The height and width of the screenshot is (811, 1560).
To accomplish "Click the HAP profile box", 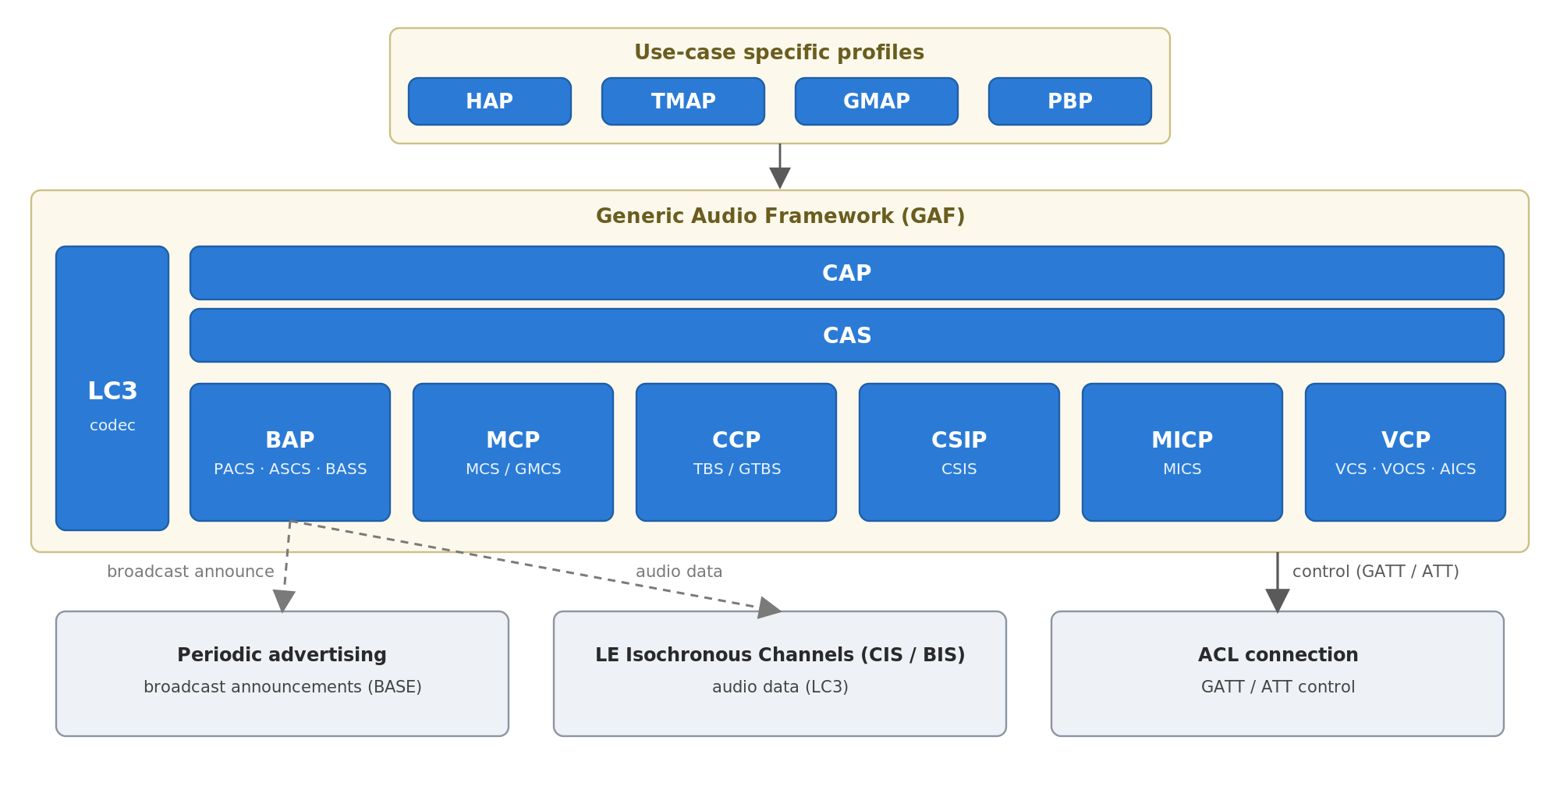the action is pos(490,101).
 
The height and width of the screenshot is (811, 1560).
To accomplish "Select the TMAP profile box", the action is pos(683,101).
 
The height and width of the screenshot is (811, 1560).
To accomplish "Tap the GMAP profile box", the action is pos(877,101).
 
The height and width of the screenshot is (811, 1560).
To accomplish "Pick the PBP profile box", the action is pos(1070,101).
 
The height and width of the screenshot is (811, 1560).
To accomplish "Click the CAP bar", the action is pos(847,273).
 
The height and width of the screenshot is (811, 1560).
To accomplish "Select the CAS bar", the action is pos(847,335).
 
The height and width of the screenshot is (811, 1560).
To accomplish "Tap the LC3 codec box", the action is pos(112,388).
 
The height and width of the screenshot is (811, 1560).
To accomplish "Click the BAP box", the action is pos(290,452).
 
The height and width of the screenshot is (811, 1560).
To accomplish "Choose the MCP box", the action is pos(513,452).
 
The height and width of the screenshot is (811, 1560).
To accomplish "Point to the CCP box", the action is pos(736,452).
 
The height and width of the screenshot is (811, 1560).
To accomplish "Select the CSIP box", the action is pos(959,452).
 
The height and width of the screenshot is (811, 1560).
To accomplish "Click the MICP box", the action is pos(1182,452).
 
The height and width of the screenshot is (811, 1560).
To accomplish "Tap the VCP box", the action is pos(1406,452).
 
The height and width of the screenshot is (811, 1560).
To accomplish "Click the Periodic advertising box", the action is pos(282,674).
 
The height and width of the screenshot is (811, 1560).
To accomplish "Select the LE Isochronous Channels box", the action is pos(780,674).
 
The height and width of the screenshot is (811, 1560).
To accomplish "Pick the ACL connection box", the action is pos(1278,674).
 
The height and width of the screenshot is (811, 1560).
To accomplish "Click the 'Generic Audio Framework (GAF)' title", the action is pos(780,216).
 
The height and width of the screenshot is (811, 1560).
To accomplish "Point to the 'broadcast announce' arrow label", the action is pos(190,572).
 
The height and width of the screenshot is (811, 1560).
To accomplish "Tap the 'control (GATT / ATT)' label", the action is pos(1376,572).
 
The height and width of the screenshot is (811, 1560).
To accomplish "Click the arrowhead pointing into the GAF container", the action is pos(780,178).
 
